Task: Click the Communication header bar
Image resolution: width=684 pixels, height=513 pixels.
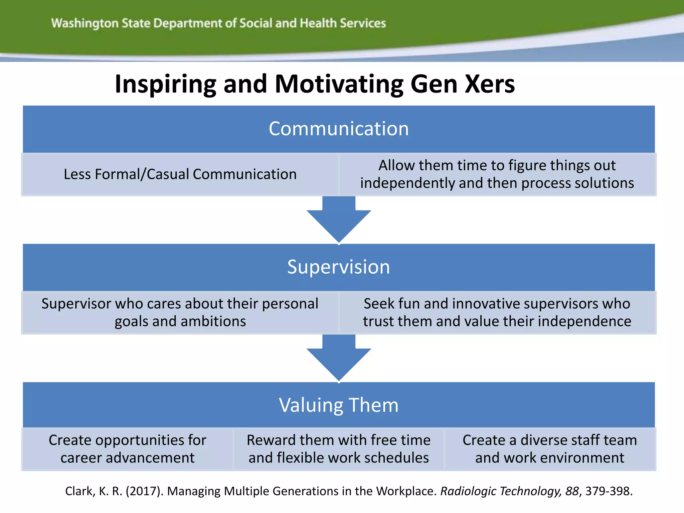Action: point(339,129)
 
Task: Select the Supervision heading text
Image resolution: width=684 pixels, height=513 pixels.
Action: point(339,267)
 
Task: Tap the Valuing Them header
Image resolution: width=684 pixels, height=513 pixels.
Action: point(339,405)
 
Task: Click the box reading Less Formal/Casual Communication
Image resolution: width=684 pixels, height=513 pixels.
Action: point(180,174)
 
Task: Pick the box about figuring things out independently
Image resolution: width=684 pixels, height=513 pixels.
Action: point(497,174)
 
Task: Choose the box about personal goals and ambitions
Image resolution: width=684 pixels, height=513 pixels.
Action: point(180,313)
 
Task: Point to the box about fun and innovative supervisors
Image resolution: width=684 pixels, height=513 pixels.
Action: point(497,313)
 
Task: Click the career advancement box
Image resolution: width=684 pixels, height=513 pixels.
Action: point(128,449)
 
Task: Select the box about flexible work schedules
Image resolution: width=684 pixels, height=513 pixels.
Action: point(339,449)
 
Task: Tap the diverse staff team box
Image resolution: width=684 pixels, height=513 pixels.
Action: point(550,449)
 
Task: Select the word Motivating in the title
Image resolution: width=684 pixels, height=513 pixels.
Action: point(339,84)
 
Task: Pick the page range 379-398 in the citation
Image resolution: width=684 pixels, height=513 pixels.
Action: point(609,491)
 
